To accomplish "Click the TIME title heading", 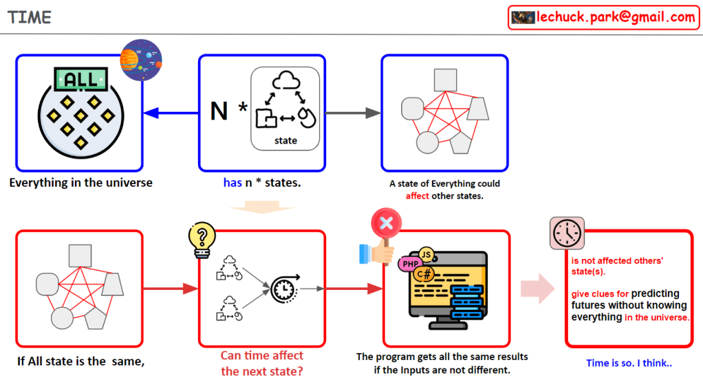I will pos(30,17).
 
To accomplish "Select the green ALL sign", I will pos(81,79).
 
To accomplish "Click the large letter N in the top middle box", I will pos(219,111).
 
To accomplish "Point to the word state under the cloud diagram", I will pos(285,141).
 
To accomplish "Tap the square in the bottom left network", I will pos(80,256).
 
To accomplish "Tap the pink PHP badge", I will pos(411,263).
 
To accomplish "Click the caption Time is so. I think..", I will pos(629,363).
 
